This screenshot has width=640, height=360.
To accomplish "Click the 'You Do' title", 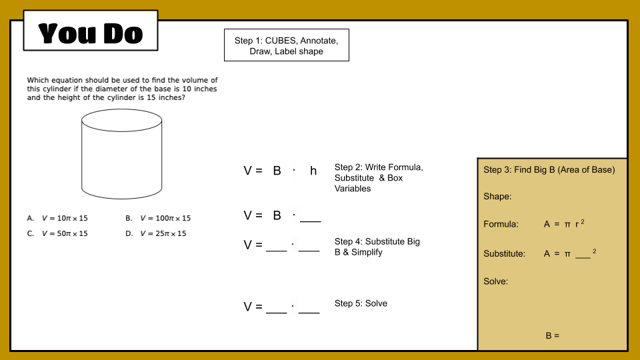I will tap(91, 33).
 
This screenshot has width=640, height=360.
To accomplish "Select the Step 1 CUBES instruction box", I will tap(286, 46).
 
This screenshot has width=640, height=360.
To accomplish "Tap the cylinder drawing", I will tap(121, 155).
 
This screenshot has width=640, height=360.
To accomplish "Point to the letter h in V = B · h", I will tap(313, 171).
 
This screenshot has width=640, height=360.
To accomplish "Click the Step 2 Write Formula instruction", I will tap(379, 178).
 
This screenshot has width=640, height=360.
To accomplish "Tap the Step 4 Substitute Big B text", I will tap(377, 247).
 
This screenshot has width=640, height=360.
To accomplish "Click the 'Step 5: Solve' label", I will tap(361, 303).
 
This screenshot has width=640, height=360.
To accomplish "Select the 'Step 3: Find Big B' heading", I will tap(549, 170).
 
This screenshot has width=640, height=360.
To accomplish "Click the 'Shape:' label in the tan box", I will tap(497, 197).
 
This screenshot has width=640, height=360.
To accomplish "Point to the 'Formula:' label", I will tap(501, 225).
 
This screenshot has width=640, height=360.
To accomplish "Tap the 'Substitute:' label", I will tap(504, 254).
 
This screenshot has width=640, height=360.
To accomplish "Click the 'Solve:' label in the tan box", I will tap(496, 281).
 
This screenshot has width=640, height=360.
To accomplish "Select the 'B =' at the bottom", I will tap(552, 336).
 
